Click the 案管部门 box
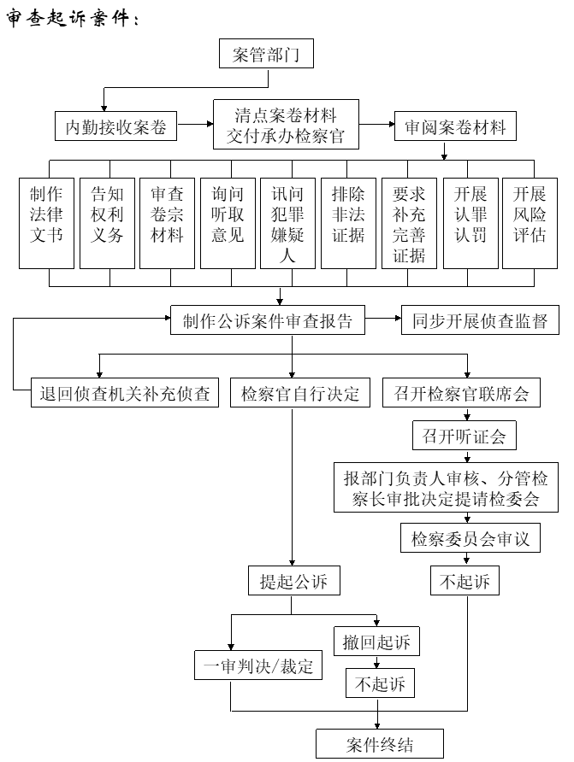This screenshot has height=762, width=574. click(267, 55)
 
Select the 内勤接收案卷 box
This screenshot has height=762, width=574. click(115, 127)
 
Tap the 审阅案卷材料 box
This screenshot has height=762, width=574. click(455, 127)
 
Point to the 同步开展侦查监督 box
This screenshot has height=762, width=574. click(474, 321)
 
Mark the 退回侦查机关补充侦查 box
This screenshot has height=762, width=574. click(124, 394)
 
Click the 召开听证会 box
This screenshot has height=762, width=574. click(465, 437)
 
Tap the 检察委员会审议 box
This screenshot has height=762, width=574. click(470, 539)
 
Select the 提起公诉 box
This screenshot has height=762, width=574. click(293, 582)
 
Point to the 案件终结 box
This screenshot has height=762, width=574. click(380, 743)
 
